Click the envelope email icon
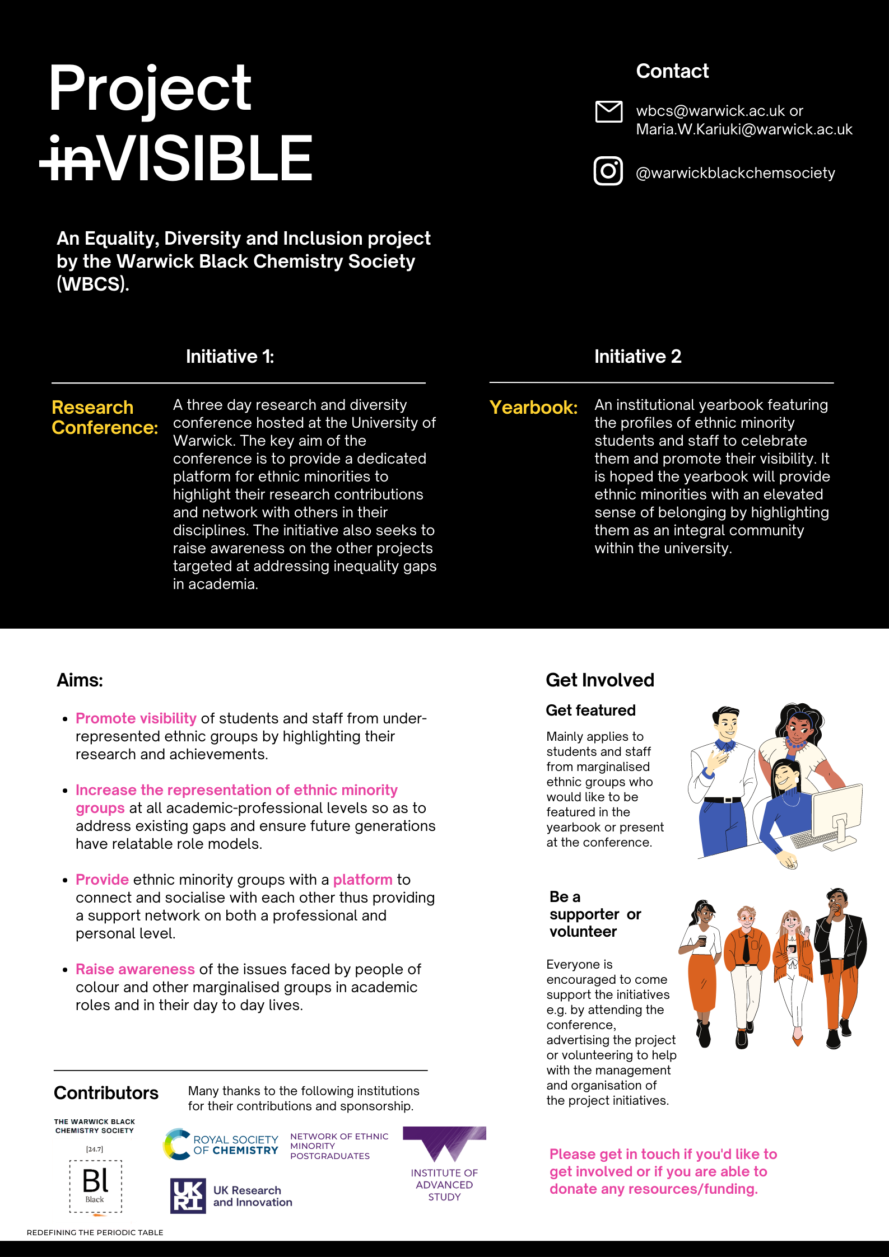(608, 111)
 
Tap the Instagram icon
(608, 171)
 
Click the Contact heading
(672, 71)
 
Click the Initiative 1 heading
(230, 357)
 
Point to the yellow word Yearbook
(533, 408)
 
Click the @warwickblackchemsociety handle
(735, 173)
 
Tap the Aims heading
(80, 680)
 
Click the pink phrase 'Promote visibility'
(136, 718)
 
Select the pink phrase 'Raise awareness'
(135, 969)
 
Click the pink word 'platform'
(362, 880)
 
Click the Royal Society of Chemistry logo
(221, 1144)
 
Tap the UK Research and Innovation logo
(231, 1196)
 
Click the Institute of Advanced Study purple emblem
(444, 1142)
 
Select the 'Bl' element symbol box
(95, 1186)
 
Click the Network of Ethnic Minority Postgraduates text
(338, 1146)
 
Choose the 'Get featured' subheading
(590, 711)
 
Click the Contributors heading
(106, 1093)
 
